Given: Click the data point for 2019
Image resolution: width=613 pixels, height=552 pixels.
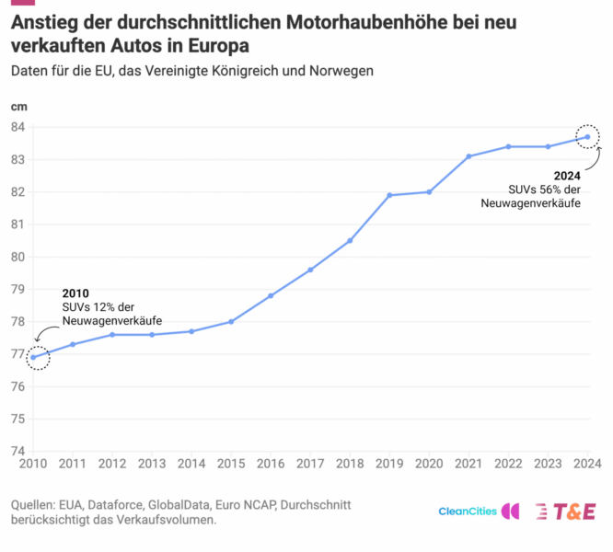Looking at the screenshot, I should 389,195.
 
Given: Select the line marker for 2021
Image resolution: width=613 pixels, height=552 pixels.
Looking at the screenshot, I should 468,156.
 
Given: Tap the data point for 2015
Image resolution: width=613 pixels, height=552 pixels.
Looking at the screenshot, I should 231,321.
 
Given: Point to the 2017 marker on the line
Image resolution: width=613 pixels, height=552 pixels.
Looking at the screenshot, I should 310,270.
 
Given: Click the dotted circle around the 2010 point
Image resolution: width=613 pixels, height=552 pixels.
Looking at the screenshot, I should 38,357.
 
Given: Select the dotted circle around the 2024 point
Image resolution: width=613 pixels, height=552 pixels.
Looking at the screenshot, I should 587,137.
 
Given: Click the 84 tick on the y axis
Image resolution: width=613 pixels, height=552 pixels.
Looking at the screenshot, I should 17,127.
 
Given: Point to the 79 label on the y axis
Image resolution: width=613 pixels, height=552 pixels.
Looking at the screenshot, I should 17,289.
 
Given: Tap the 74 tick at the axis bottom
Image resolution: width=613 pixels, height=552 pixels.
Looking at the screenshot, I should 17,451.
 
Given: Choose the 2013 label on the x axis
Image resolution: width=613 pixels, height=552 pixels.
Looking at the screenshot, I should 152,465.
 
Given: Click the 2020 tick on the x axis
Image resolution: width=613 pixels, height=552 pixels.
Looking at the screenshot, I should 429,465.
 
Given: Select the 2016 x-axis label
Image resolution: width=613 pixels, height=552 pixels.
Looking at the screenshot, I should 271,465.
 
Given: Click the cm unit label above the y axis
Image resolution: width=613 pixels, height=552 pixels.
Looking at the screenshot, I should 18,106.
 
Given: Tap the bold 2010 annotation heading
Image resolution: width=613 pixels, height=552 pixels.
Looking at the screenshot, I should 75,293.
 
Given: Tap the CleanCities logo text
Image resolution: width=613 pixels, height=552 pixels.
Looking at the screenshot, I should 468,512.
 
